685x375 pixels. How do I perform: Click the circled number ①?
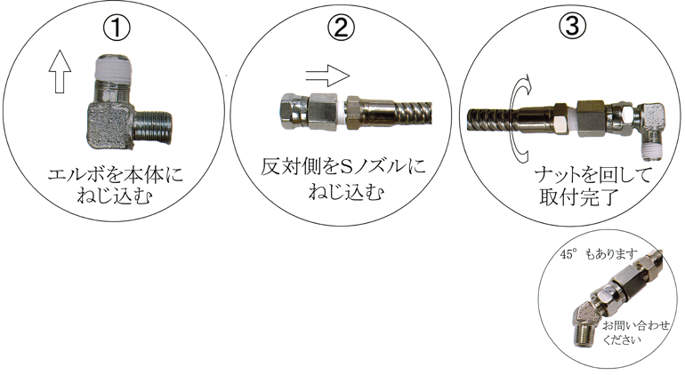click(x=117, y=28)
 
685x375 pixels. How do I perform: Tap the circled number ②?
click(x=342, y=28)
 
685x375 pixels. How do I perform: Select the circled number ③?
click(x=572, y=25)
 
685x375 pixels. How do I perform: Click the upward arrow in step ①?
click(x=60, y=71)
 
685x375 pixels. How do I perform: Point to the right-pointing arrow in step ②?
click(x=327, y=76)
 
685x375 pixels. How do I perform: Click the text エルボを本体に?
click(x=116, y=175)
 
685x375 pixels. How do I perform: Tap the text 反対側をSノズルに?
click(x=342, y=167)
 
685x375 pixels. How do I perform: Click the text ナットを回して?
click(x=592, y=175)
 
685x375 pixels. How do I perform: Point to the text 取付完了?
click(x=579, y=197)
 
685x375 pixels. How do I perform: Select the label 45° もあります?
click(x=599, y=254)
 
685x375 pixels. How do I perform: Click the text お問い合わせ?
click(x=636, y=325)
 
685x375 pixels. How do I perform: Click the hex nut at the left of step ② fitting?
click(x=294, y=111)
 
